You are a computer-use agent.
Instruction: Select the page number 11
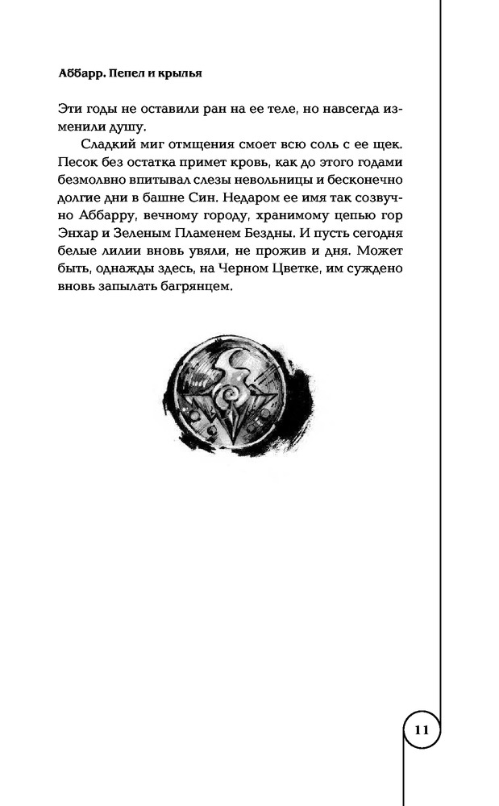point(421,732)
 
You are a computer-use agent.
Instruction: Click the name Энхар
point(81,232)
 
